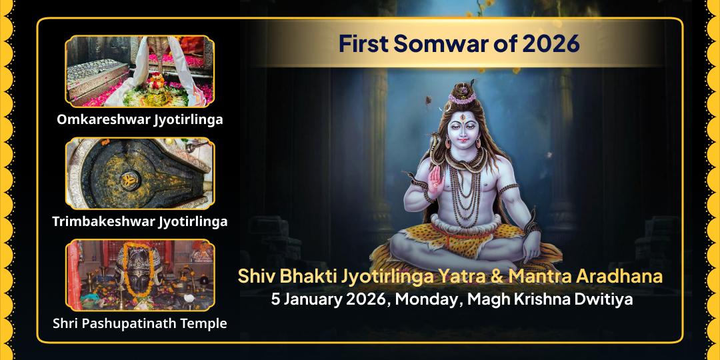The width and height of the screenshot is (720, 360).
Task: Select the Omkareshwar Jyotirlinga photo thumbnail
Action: tap(139, 71)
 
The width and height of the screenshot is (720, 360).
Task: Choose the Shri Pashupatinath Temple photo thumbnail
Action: tap(139, 275)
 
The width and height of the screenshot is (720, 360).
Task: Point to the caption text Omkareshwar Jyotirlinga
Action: tap(139, 120)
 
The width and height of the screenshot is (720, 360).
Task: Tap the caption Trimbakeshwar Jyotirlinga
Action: tap(139, 221)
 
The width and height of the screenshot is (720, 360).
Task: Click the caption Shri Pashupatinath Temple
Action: tap(139, 323)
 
